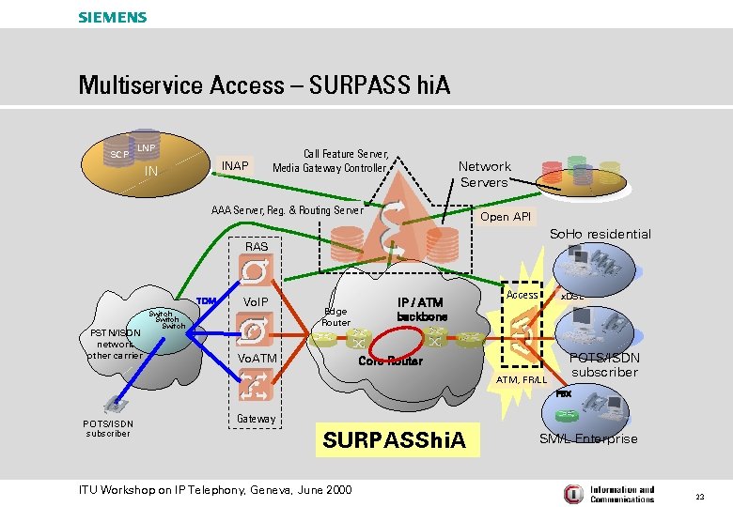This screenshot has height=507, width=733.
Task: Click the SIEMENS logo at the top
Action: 112,17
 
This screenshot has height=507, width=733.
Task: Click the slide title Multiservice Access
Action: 264,85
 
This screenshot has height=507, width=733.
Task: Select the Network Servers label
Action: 484,174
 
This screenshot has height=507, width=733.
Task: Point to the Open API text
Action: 505,217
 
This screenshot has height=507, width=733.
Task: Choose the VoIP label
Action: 256,301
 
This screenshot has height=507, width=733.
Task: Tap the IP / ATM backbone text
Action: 420,309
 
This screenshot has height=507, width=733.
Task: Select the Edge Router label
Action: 335,316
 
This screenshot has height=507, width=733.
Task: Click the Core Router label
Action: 390,361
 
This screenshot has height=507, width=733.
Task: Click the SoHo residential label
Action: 600,234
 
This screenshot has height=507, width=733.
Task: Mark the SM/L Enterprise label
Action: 587,438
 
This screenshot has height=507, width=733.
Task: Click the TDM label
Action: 206,301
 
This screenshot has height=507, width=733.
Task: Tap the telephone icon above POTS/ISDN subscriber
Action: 117,406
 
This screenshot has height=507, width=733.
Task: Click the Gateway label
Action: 256,419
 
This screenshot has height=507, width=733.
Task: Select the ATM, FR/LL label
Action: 521,379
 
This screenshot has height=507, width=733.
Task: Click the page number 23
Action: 700,495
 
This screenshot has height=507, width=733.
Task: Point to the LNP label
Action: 146,147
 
